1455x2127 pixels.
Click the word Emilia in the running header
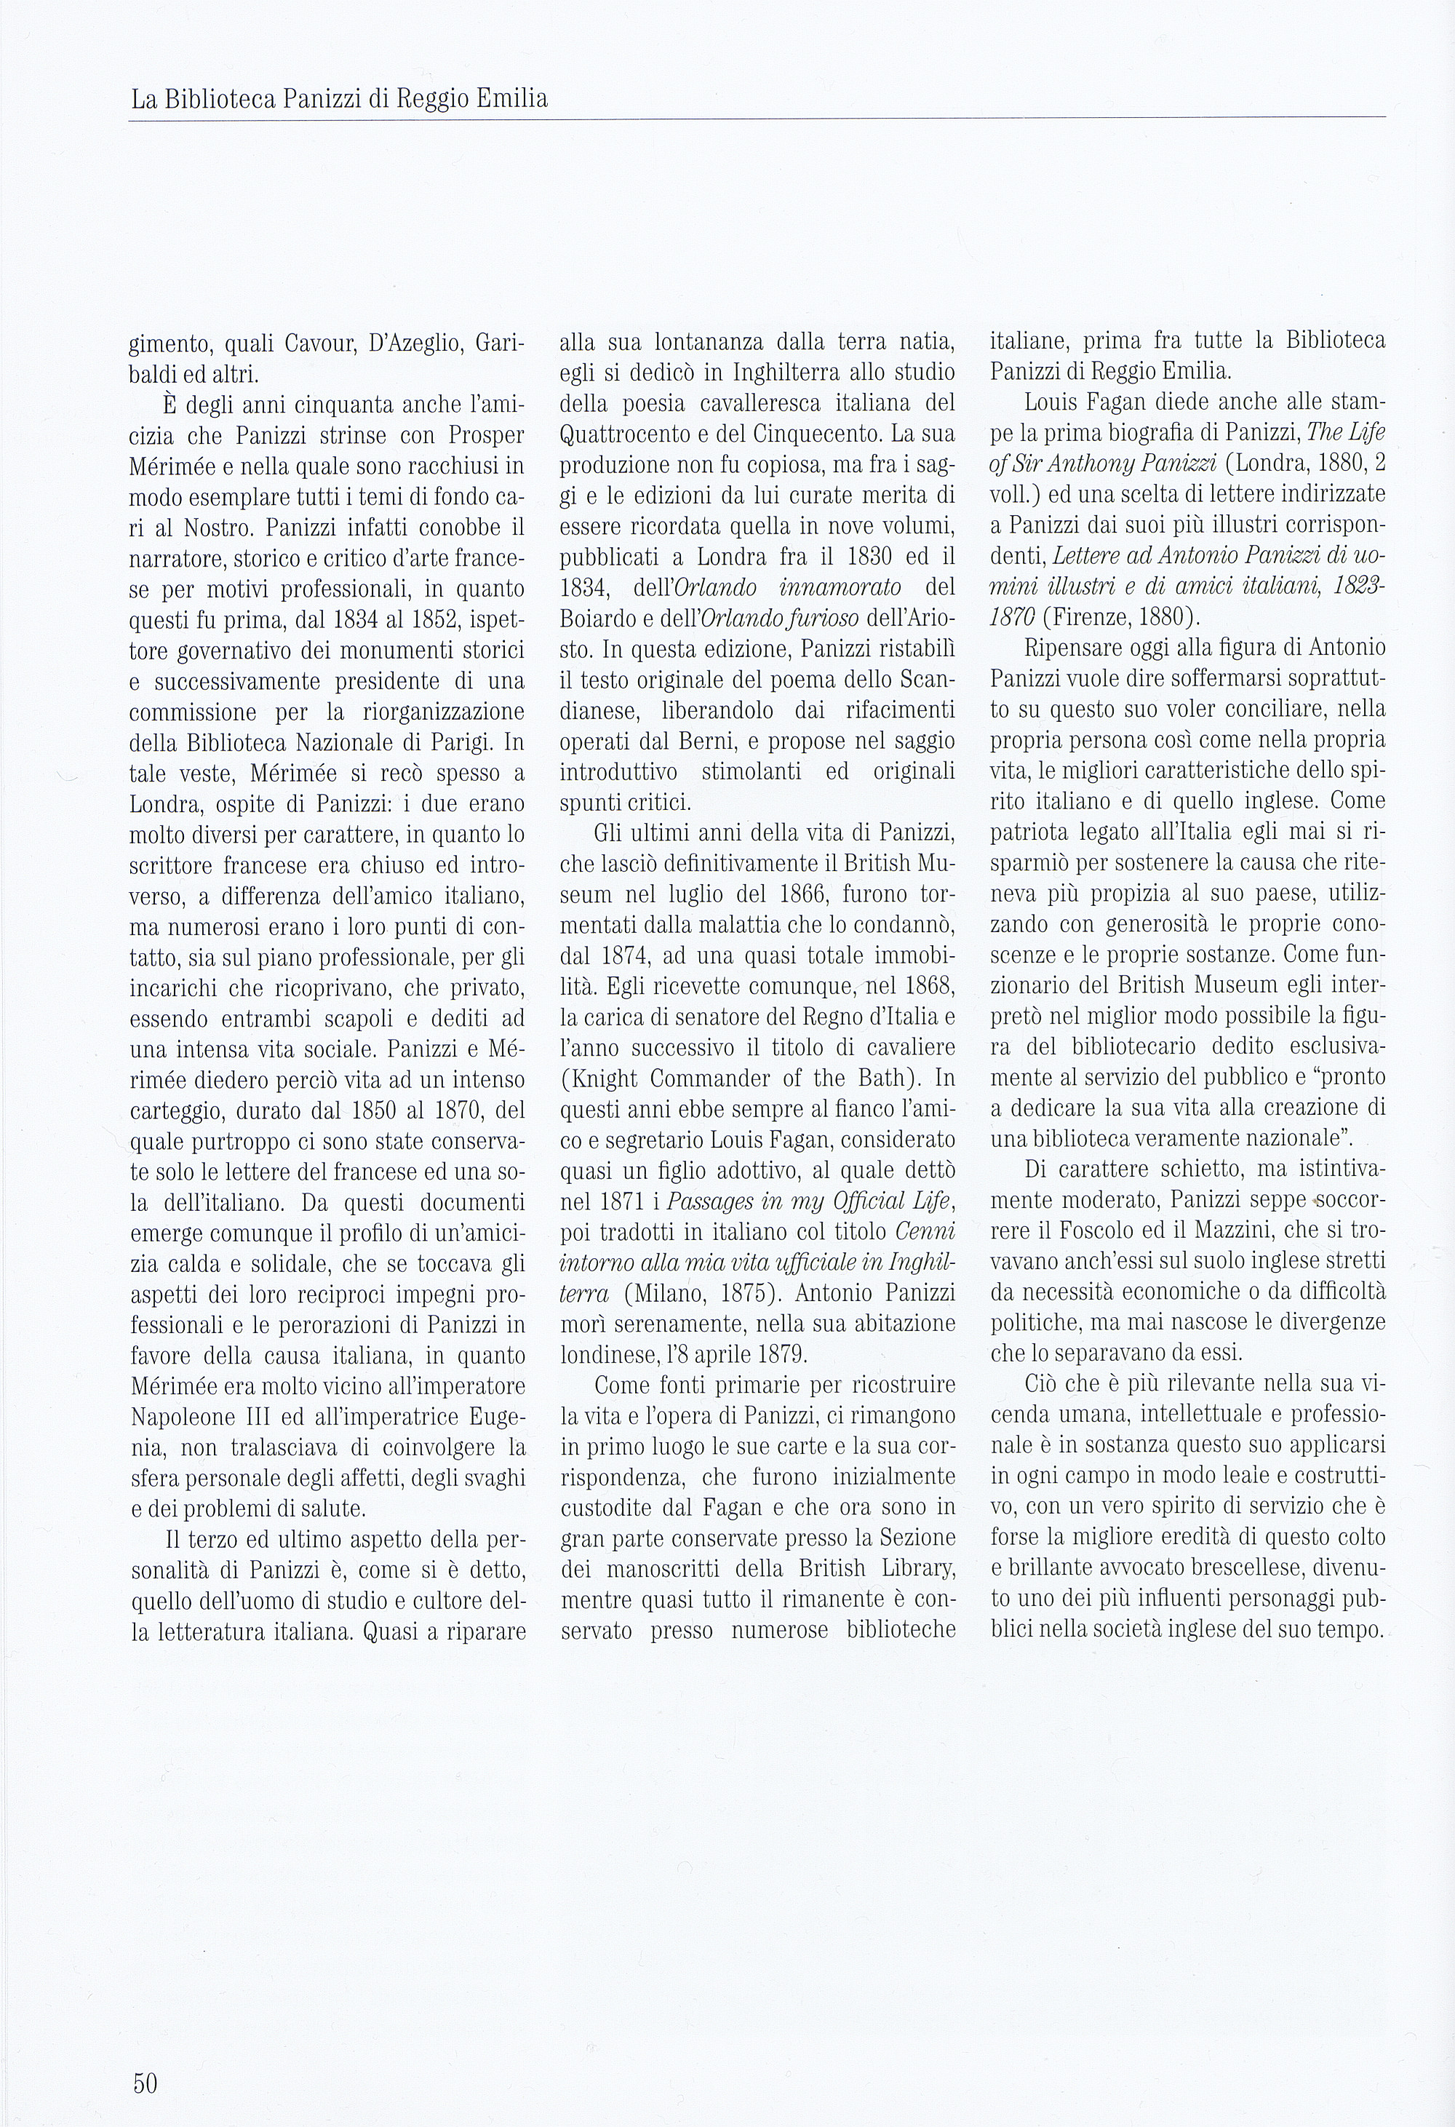click(x=511, y=98)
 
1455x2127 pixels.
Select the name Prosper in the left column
click(x=486, y=436)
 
